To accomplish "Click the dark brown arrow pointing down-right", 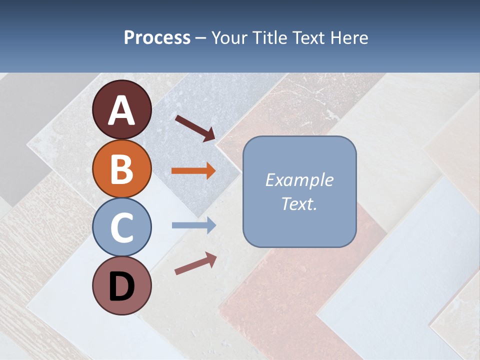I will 195,127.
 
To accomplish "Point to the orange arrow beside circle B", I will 193,171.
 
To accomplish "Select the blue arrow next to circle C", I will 193,225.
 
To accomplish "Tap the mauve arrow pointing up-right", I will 195,263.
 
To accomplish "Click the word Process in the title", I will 157,37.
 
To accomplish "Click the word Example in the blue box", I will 299,180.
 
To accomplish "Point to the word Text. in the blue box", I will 299,203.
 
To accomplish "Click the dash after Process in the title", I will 201,38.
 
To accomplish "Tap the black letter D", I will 122,287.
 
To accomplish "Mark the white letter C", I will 122,228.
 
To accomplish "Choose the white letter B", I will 122,169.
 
